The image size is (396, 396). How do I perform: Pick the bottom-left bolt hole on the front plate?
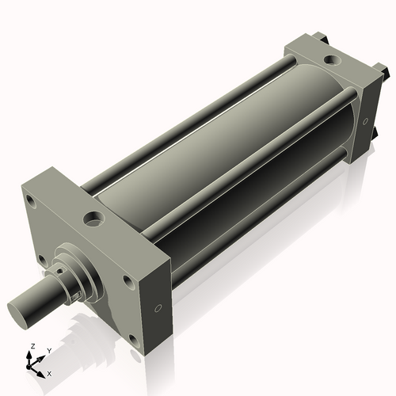pos(40,257)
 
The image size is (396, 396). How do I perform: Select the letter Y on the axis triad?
pos(48,350)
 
